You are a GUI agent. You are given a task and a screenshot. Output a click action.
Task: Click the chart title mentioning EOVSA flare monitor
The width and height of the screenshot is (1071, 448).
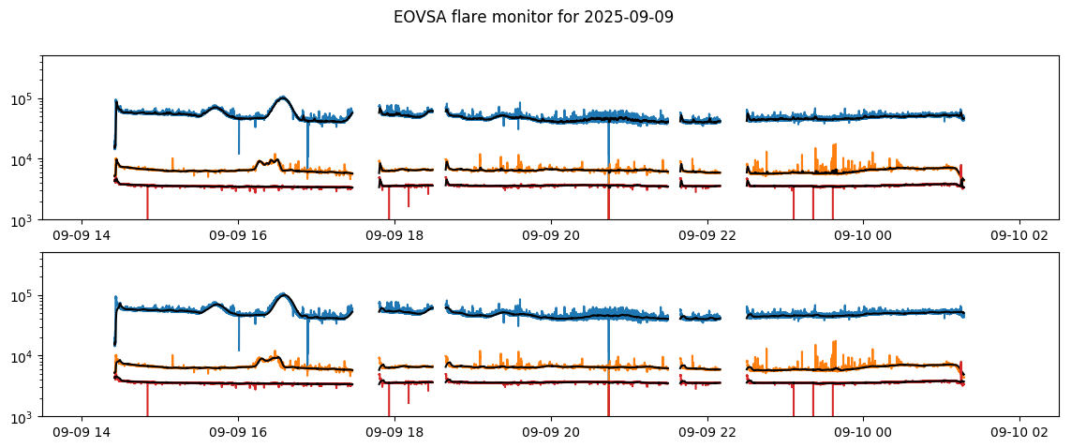coord(533,17)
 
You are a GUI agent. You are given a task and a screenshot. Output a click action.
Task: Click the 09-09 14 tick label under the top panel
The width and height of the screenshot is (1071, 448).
coord(82,237)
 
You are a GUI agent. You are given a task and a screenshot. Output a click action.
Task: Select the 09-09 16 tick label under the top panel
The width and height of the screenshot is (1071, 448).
coord(238,237)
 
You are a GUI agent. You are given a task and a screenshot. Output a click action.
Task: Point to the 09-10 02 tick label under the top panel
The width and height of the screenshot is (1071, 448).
coord(1019,237)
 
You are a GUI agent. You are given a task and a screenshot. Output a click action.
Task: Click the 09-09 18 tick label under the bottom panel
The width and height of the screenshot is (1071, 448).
coord(394,434)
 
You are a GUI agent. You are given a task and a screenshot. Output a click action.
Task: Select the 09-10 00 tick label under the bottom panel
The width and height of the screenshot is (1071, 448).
coord(863,434)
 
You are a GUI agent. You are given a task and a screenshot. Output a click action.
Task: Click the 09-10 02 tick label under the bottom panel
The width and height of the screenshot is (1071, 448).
coord(1019,434)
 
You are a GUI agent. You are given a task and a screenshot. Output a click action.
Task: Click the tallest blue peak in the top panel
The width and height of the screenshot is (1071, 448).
coord(282,97)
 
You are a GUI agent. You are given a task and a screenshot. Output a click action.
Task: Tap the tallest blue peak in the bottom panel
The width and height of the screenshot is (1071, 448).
coord(282,293)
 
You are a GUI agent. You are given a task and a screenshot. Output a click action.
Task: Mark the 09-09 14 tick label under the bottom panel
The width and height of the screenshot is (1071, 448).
coord(82,434)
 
